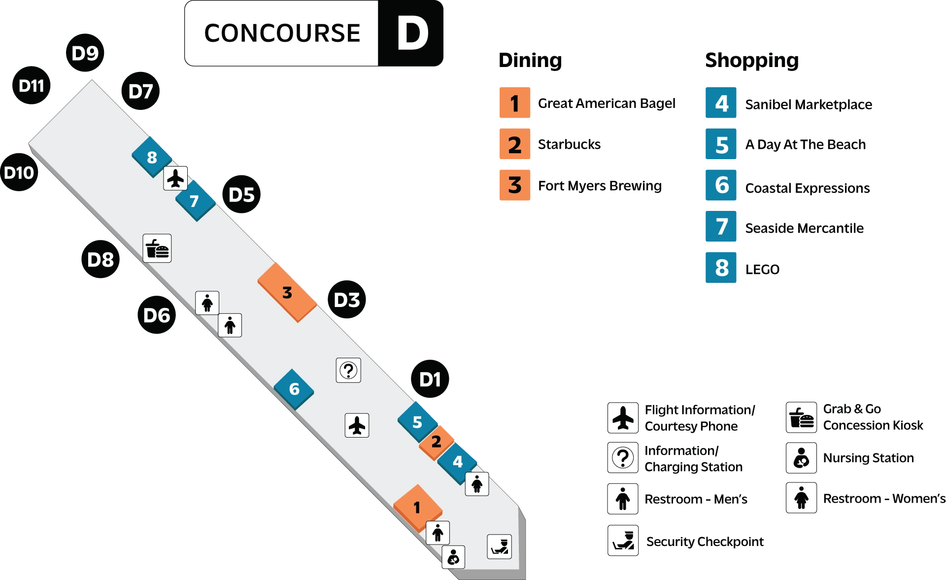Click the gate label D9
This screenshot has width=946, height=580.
coord(85,53)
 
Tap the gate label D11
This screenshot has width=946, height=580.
coord(32,86)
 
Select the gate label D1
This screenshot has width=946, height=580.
coord(430,380)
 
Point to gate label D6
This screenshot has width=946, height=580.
coord(157,315)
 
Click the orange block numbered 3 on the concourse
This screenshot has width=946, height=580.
coord(287,293)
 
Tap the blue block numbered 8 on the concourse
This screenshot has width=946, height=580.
coord(152,157)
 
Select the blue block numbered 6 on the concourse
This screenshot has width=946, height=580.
coord(294,389)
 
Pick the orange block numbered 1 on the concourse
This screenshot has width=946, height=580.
coord(417,507)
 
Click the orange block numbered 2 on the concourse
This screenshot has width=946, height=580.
coord(436,442)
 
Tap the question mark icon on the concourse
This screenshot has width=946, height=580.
coord(348,370)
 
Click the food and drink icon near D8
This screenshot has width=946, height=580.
coord(157,248)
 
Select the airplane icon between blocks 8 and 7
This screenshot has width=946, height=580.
coord(175,178)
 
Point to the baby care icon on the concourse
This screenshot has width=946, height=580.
coord(453,557)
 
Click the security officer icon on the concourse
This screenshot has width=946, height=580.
coord(500,546)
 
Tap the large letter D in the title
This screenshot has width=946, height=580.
coord(412,34)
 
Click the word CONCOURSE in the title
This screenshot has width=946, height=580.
coord(282,34)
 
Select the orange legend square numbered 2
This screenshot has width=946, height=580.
coord(514,144)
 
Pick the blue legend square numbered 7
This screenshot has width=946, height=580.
coord(721,227)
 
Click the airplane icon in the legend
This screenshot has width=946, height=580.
coord(623,418)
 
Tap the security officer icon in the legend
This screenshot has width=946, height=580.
coord(623,541)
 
